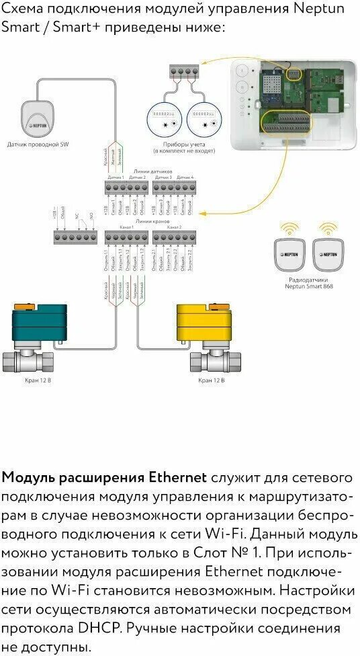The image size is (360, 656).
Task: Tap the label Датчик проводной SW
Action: tap(38, 144)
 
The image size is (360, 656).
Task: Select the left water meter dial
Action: tap(164, 119)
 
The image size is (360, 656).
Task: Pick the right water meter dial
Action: tap(203, 119)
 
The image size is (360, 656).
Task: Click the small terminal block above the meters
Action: tap(184, 70)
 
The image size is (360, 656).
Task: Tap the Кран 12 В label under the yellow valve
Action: tap(212, 380)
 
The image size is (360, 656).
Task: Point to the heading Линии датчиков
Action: tap(152, 172)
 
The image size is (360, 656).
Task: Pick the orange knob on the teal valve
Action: tap(26, 306)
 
